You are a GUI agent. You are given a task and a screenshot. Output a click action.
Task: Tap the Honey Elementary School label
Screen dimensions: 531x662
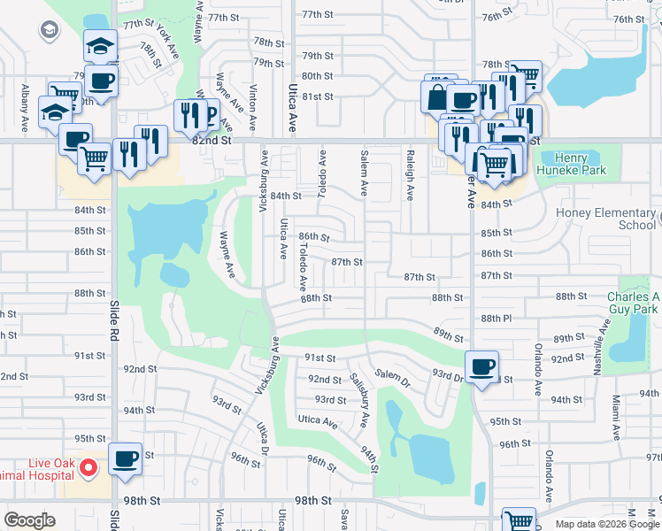607,219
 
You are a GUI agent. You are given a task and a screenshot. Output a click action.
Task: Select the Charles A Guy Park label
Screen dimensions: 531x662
634,303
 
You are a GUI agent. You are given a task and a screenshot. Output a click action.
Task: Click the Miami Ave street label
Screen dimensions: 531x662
614,419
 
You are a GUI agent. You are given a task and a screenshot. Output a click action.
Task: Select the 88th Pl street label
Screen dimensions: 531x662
496,319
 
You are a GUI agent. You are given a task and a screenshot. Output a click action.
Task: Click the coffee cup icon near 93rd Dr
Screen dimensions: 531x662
481,366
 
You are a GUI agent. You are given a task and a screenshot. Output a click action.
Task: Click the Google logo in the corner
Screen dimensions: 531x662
29,520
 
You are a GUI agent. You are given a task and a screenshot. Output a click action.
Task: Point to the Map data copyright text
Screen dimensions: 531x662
607,524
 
